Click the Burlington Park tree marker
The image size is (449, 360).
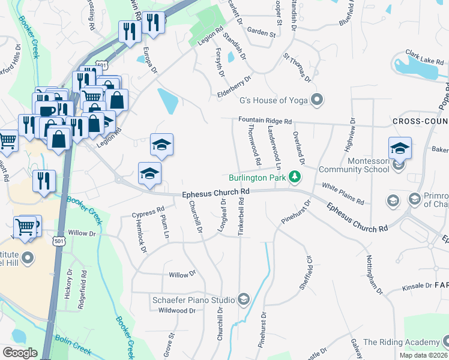point(294,176)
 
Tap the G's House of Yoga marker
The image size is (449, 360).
point(318,99)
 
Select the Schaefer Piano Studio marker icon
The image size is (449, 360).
point(243,298)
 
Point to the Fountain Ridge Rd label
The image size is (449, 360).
point(265,121)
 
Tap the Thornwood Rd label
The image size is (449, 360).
point(254,147)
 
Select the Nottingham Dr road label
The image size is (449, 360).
point(373,276)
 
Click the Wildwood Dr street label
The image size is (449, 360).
point(177,311)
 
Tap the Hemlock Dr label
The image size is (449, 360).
point(142,236)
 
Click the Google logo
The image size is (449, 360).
point(20,352)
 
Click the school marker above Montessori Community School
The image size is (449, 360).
point(400,147)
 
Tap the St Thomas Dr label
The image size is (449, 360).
point(298,68)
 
